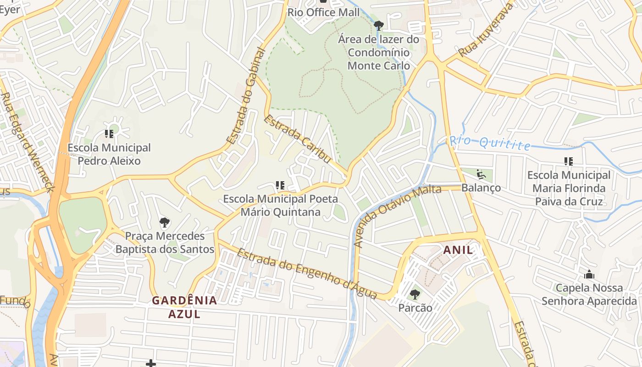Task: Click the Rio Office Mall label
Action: tap(324, 12)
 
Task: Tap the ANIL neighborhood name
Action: tap(458, 250)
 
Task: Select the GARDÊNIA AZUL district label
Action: tap(184, 307)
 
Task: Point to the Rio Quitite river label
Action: tap(490, 143)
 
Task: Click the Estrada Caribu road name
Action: tap(297, 139)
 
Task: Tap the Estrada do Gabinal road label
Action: tap(246, 96)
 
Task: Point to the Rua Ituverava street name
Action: tap(485, 29)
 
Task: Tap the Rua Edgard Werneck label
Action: tap(28, 142)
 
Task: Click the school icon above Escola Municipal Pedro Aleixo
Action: tap(109, 134)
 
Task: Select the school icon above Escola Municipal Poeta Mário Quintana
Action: tap(280, 185)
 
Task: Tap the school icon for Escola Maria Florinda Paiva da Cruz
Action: tap(569, 161)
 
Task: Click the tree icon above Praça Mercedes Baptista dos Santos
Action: tap(165, 223)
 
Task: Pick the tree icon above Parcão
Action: tap(415, 294)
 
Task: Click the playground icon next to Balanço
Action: tap(481, 174)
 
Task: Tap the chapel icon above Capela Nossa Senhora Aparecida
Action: tap(589, 275)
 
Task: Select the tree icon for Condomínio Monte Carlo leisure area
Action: tap(378, 25)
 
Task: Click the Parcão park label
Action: tap(415, 308)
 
